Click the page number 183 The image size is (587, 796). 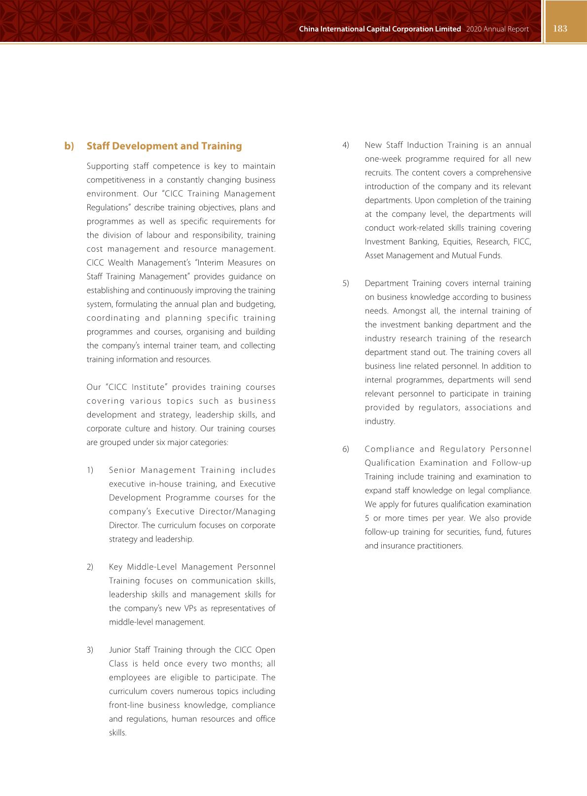click(x=560, y=29)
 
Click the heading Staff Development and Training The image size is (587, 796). click(x=164, y=146)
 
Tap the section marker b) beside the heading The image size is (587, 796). click(x=69, y=146)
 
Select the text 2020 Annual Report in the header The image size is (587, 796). click(x=497, y=29)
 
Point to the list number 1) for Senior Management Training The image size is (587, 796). click(x=90, y=470)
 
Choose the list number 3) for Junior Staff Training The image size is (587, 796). click(x=90, y=650)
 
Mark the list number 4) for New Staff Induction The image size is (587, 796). click(x=346, y=145)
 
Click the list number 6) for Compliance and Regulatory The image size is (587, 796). click(x=346, y=449)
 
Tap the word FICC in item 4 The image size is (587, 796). click(x=522, y=242)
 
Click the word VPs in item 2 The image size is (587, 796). click(x=190, y=608)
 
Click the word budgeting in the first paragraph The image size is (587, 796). click(x=257, y=304)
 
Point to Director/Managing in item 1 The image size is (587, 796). click(x=240, y=512)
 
